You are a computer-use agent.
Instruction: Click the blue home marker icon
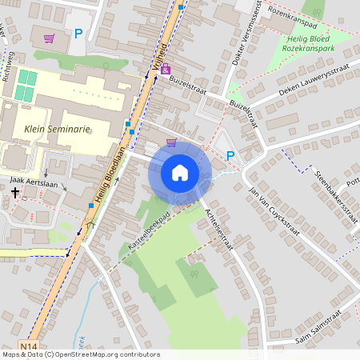(x=180, y=173)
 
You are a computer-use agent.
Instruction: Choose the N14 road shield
(x=30, y=346)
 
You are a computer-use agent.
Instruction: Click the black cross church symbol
(x=15, y=193)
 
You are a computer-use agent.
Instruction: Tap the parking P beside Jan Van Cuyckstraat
(x=231, y=156)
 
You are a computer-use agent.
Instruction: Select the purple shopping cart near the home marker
(x=170, y=142)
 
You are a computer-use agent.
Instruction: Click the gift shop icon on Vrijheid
(x=166, y=70)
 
